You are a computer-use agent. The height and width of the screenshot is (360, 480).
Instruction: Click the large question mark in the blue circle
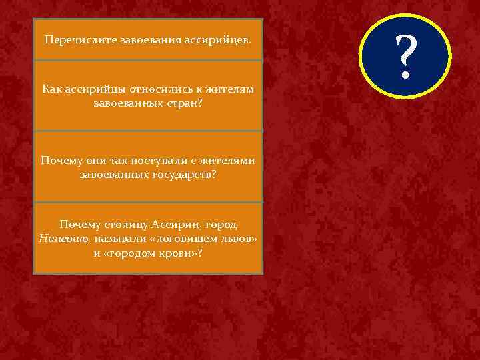point(406,57)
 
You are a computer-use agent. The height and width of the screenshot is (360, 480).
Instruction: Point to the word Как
point(52,89)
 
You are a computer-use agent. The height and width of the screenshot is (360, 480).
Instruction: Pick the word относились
point(158,89)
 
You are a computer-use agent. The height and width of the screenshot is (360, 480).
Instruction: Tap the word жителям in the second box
point(227,89)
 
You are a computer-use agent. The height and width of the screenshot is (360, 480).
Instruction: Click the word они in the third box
point(93,161)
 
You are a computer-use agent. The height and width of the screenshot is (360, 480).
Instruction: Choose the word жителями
point(227,161)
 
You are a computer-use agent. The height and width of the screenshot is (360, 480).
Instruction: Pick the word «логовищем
point(181,239)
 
